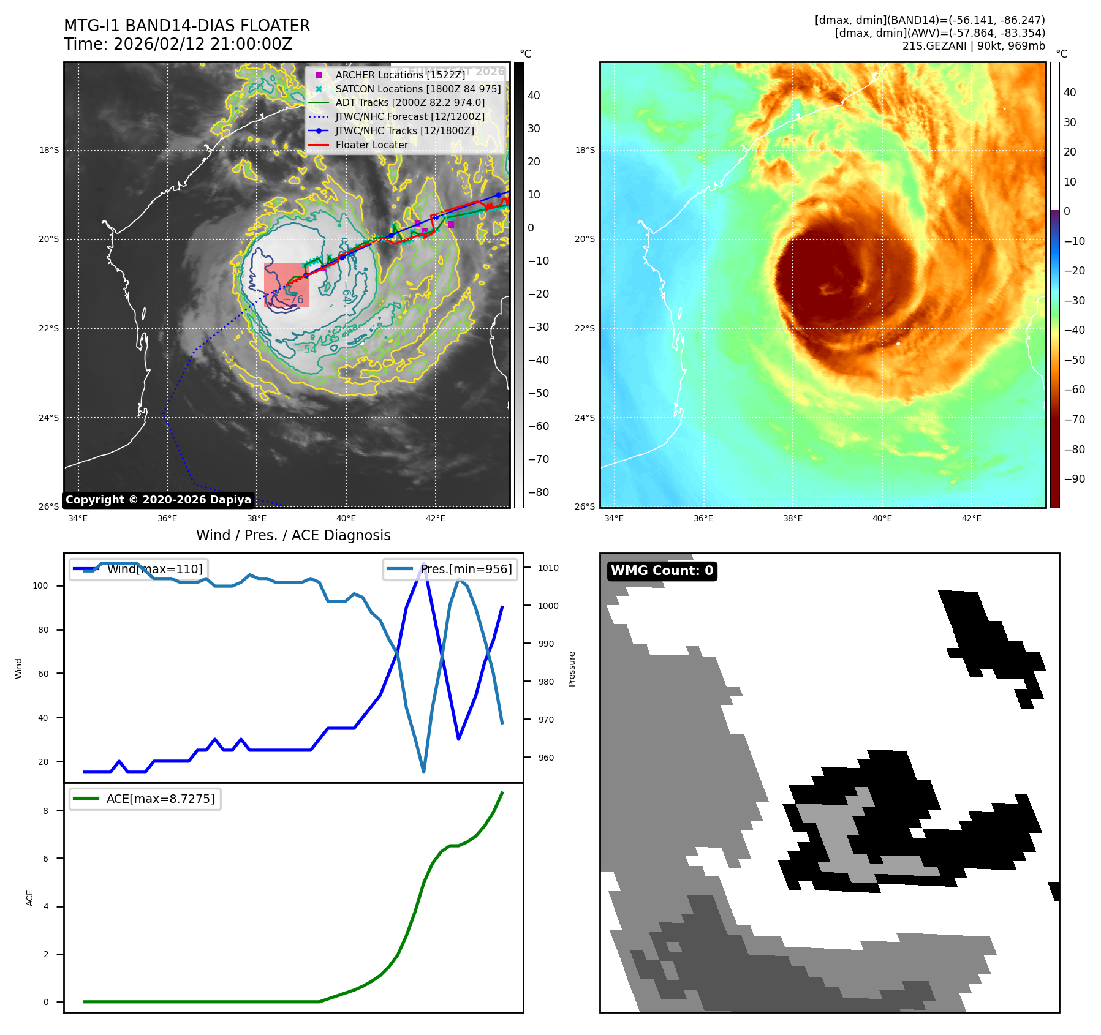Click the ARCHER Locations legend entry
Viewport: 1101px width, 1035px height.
coord(400,75)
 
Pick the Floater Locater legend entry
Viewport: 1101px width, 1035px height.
coord(371,145)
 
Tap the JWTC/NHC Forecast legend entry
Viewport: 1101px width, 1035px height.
coord(410,116)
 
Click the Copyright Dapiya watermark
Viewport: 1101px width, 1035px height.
coord(158,500)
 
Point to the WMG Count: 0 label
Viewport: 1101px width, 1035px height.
coord(662,571)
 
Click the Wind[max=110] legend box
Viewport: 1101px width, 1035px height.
coord(139,569)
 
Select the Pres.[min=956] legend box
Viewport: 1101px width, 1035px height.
coord(450,569)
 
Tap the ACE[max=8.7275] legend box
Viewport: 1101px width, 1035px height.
coord(146,799)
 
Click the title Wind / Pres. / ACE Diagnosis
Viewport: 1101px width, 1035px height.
coord(293,535)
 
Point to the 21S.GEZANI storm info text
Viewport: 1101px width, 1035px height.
coord(974,46)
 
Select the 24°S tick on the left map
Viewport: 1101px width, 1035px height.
coord(49,418)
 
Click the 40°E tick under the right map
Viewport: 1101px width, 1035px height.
coord(882,518)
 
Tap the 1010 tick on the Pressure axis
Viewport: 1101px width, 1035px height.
coord(548,568)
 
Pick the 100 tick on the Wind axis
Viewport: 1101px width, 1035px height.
coord(40,585)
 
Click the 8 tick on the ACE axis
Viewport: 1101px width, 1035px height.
coord(45,811)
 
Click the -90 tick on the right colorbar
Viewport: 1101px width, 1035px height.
coord(1074,479)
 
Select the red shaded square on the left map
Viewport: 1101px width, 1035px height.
coord(286,285)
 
